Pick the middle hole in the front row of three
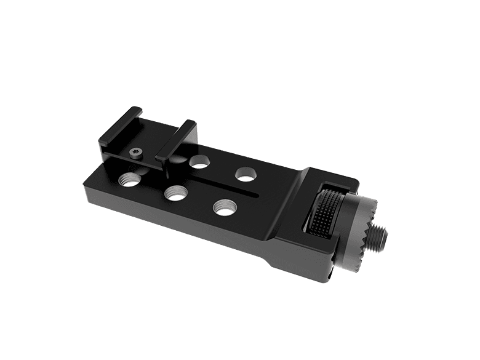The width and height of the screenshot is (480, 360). [175, 192]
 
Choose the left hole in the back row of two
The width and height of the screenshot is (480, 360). [199, 161]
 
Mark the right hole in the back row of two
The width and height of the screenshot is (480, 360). [245, 173]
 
